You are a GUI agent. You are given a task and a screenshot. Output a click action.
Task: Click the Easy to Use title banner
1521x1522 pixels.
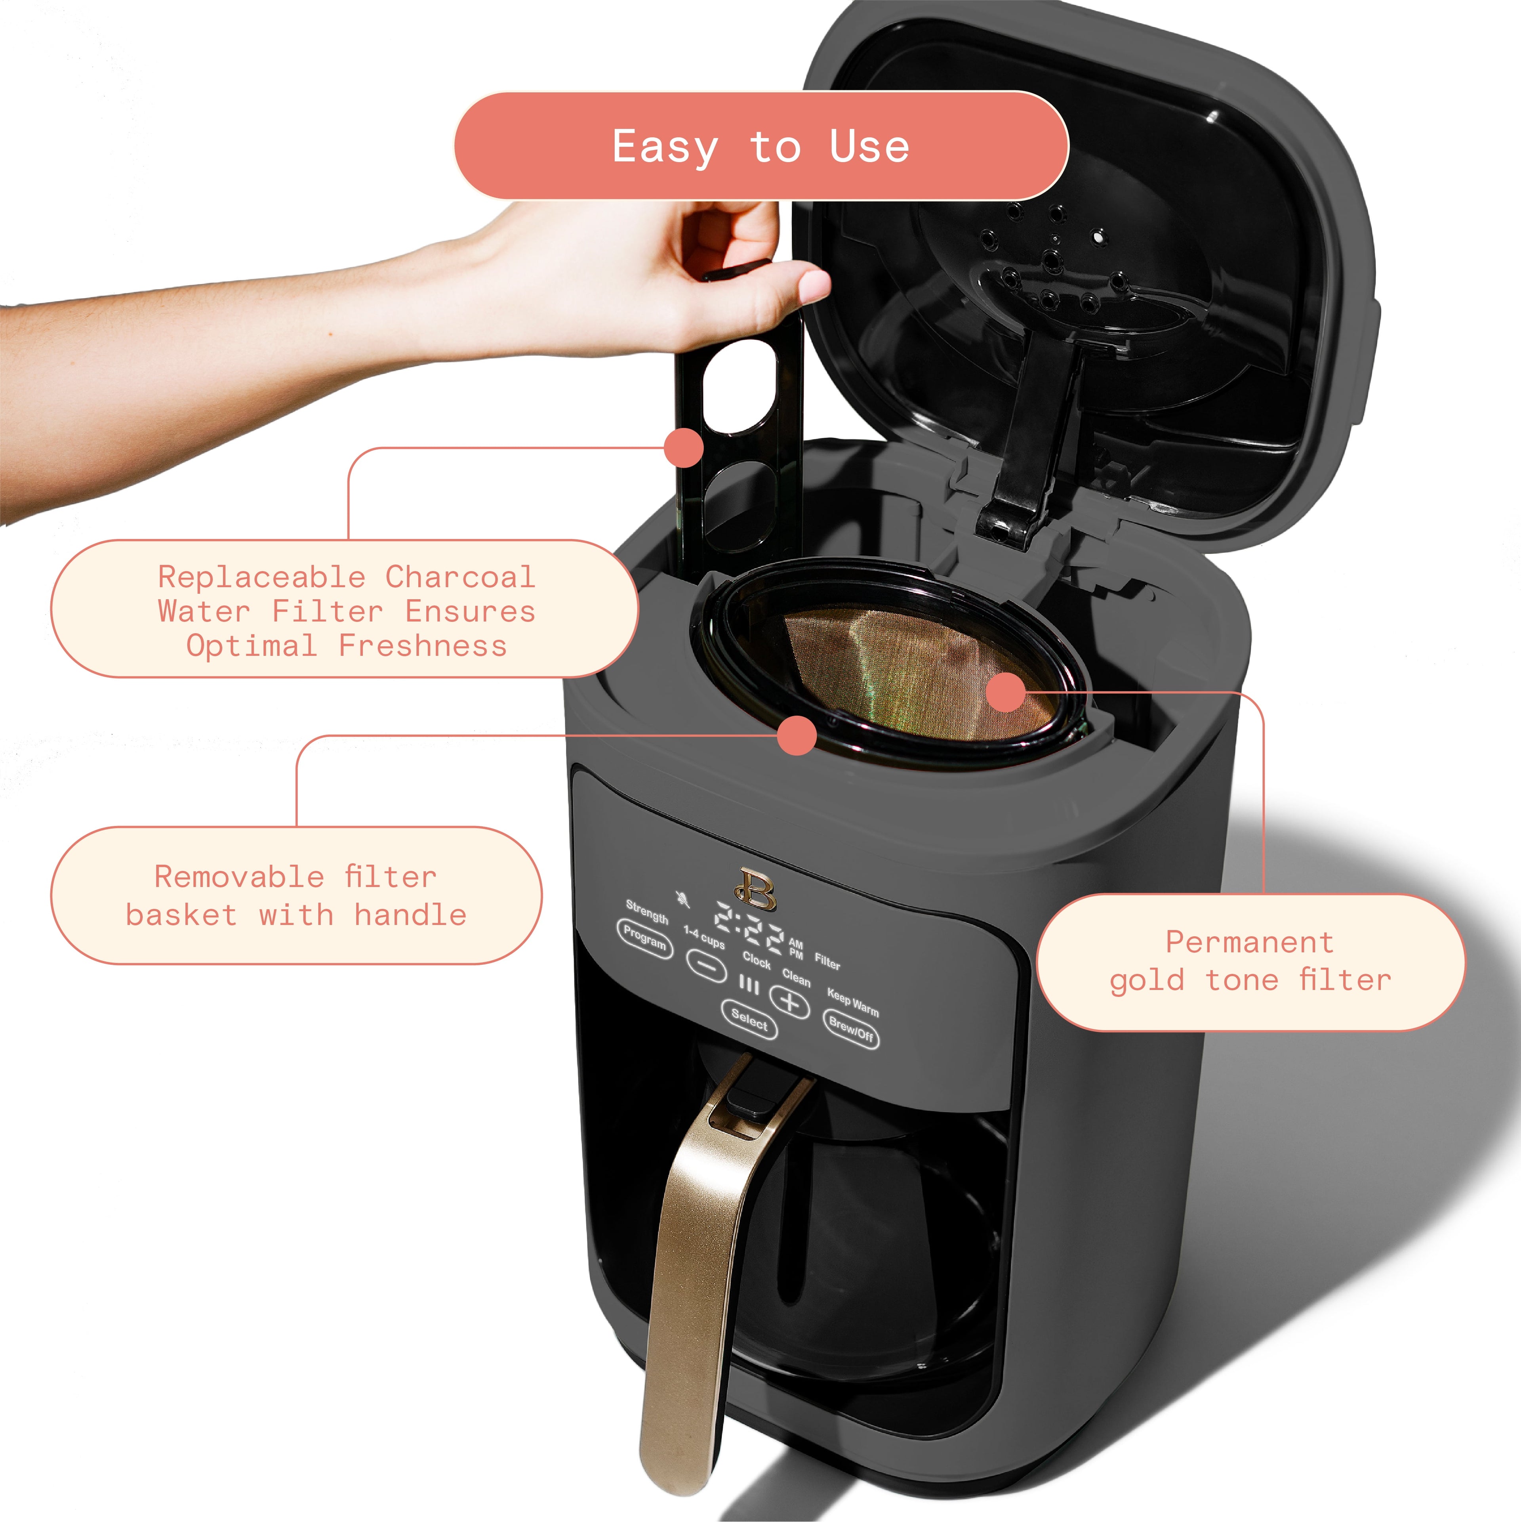761,147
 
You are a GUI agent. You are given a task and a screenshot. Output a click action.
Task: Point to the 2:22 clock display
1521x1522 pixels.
748,930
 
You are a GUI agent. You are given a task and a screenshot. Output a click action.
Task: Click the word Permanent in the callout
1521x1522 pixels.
1249,942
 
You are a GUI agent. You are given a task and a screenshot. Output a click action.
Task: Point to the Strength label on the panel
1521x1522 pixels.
647,911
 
